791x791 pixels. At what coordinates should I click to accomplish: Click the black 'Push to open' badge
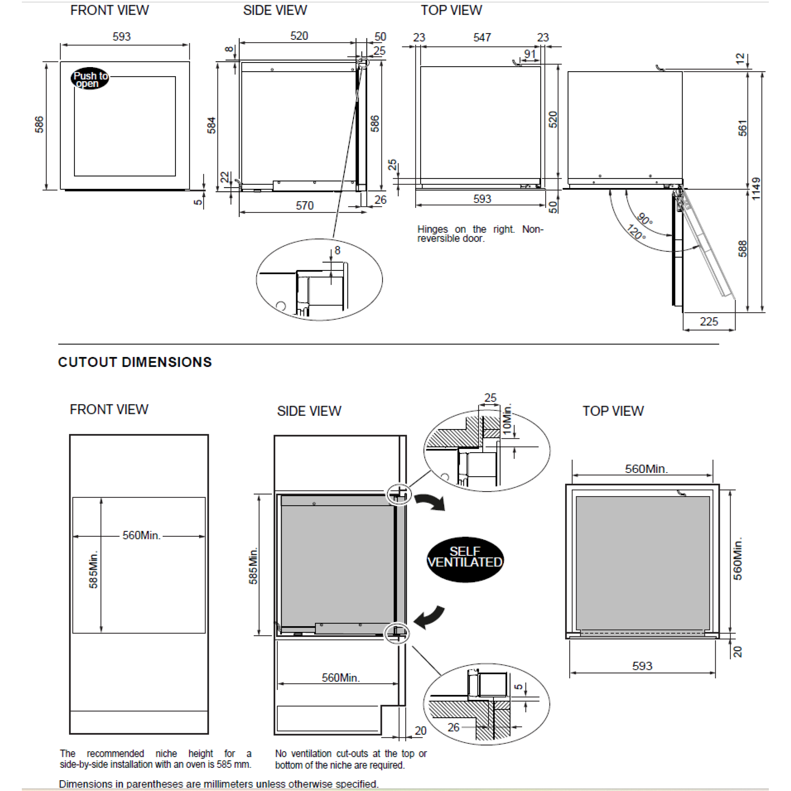click(90, 78)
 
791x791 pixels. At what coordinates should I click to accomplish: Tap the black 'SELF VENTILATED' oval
click(465, 559)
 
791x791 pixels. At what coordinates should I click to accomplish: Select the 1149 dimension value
click(756, 189)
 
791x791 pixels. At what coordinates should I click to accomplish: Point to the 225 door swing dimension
click(709, 321)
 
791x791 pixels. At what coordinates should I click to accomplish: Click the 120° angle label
click(636, 232)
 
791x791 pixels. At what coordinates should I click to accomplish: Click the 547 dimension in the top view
click(482, 38)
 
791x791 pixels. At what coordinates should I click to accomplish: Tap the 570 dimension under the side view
click(305, 206)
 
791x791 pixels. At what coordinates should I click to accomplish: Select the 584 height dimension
click(211, 125)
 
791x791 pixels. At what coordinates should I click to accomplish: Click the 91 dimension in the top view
click(530, 54)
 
